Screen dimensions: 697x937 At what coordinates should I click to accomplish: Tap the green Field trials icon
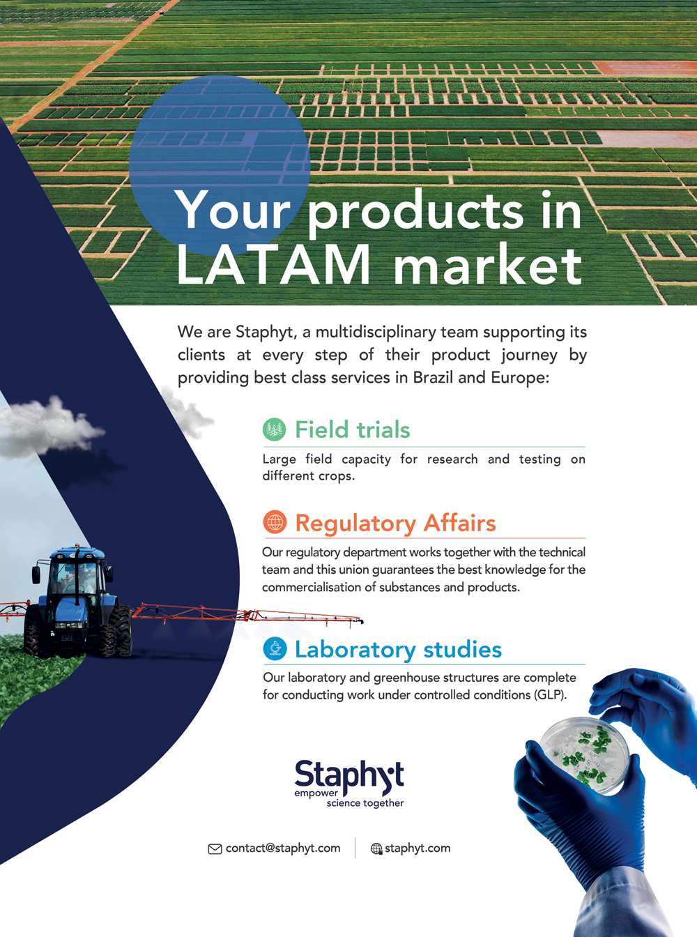coord(275,429)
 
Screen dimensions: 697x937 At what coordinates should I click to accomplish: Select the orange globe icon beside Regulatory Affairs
coord(275,521)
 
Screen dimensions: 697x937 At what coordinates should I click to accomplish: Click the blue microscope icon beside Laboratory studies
coord(275,648)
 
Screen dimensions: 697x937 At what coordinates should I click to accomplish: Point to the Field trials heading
coord(352,429)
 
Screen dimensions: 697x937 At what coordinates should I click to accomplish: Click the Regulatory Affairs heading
coord(395,523)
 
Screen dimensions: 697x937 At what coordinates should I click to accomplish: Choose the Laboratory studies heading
coord(399,649)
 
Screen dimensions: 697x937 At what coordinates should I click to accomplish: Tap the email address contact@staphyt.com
coord(283,848)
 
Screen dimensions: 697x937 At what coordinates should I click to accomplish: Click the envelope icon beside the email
coord(215,848)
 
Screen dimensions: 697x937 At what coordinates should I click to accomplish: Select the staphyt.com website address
coord(418,848)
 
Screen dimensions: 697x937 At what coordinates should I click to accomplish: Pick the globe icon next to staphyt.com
coord(376,848)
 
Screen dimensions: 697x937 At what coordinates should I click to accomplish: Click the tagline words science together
coord(365,803)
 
